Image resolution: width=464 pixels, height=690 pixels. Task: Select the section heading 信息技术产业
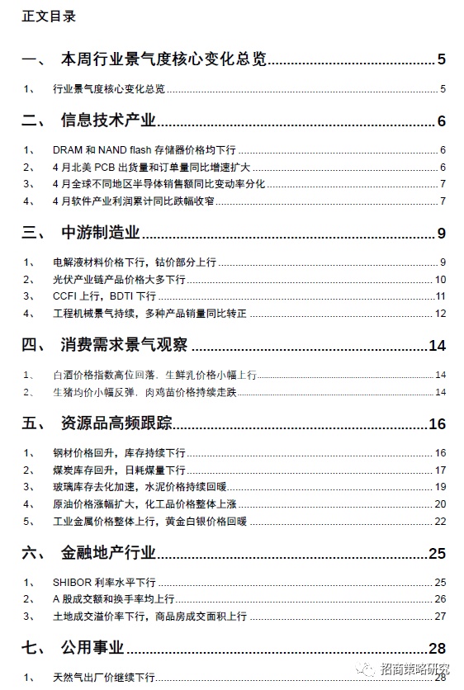coord(108,121)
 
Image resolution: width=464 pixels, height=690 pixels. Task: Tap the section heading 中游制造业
coord(100,233)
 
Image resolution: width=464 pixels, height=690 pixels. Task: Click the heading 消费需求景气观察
coord(123,344)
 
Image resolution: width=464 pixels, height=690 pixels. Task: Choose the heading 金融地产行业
coord(108,552)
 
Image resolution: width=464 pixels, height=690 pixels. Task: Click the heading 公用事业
coord(92,648)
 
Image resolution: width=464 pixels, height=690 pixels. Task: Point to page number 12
coord(440,313)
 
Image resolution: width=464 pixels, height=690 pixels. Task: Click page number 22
coord(440,521)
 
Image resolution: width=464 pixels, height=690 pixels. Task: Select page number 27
coord(440,616)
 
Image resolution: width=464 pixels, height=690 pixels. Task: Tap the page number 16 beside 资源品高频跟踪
coord(437,424)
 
